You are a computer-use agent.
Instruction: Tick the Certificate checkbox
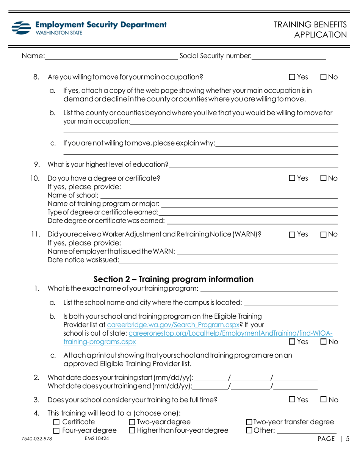pos(56,422)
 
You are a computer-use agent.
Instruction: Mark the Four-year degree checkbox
pos(56,430)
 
